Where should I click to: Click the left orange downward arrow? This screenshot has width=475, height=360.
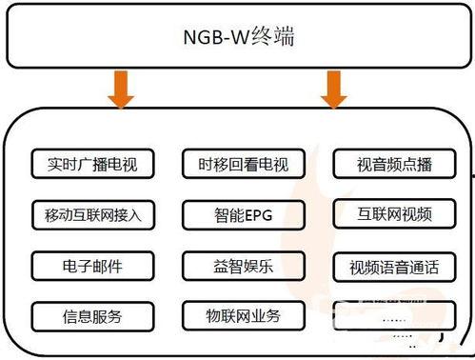point(120,91)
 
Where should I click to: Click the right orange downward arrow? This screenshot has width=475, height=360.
point(332,91)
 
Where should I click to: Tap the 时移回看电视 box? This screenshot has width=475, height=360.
point(236,164)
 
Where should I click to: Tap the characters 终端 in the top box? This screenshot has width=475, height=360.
point(276,39)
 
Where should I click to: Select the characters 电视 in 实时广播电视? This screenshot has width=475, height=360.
point(122,164)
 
